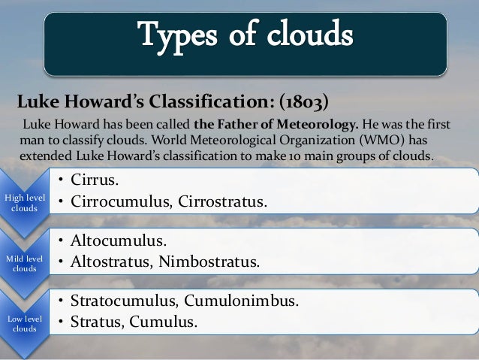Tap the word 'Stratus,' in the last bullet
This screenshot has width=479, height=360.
98,323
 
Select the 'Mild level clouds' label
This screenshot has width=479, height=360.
24,263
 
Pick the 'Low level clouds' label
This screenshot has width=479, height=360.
24,324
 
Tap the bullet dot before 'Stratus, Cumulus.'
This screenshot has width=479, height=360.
63,324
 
